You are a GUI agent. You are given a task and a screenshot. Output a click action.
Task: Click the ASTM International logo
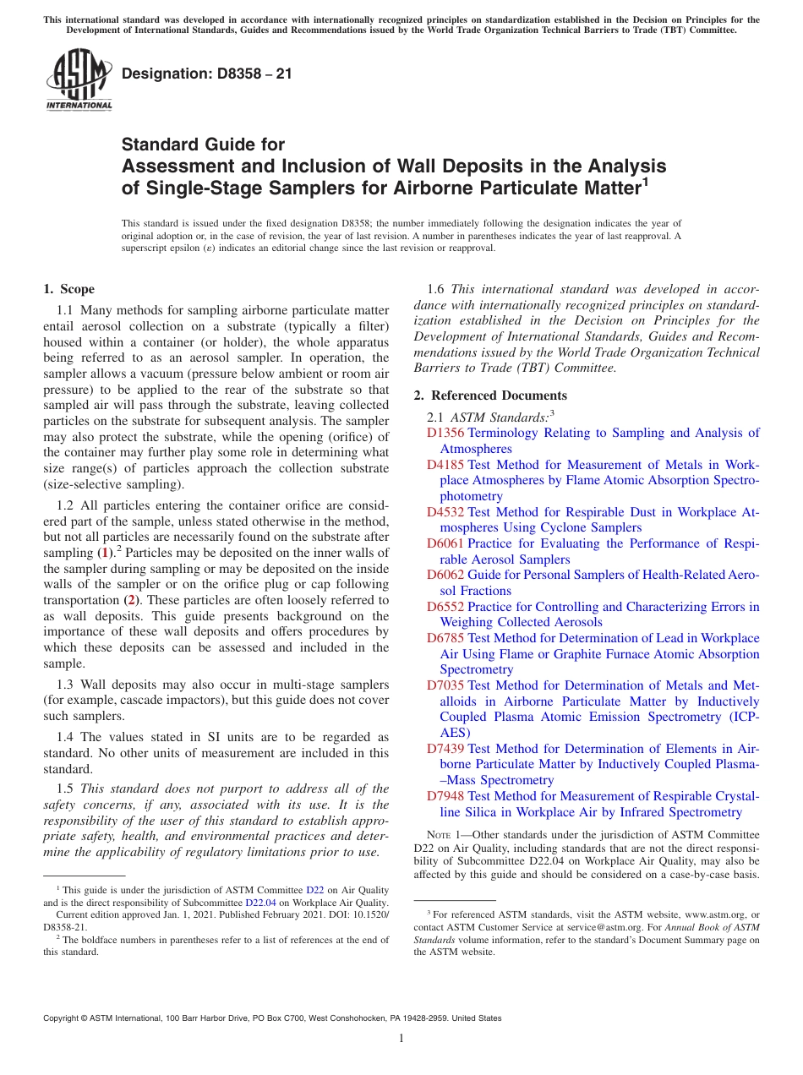click(x=79, y=81)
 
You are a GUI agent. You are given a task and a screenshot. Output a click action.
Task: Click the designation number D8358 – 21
click(x=207, y=74)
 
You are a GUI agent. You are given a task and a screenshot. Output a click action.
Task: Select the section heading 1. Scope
click(x=69, y=289)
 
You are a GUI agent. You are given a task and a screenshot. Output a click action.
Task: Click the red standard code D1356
click(x=445, y=433)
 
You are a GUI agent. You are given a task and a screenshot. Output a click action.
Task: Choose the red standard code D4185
click(x=445, y=465)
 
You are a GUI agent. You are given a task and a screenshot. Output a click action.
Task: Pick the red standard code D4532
click(x=445, y=512)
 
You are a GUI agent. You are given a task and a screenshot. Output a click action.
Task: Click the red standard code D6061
click(x=445, y=543)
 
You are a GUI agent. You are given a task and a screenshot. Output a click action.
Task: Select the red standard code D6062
click(x=445, y=576)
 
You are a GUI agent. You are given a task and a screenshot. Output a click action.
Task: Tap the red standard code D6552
click(x=445, y=607)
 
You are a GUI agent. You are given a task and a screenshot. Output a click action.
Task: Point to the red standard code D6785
click(x=445, y=638)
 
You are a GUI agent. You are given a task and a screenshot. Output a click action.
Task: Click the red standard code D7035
click(x=445, y=685)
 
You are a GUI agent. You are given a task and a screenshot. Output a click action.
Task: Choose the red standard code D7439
click(x=445, y=749)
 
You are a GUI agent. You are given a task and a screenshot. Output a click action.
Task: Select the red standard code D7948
click(x=445, y=796)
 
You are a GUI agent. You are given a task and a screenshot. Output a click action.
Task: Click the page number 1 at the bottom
click(x=401, y=1038)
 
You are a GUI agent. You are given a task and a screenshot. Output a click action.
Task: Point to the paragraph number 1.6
click(x=436, y=289)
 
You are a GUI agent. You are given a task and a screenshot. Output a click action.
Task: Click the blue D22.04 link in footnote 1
click(x=260, y=902)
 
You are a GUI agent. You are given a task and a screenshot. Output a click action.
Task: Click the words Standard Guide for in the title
click(x=203, y=145)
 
